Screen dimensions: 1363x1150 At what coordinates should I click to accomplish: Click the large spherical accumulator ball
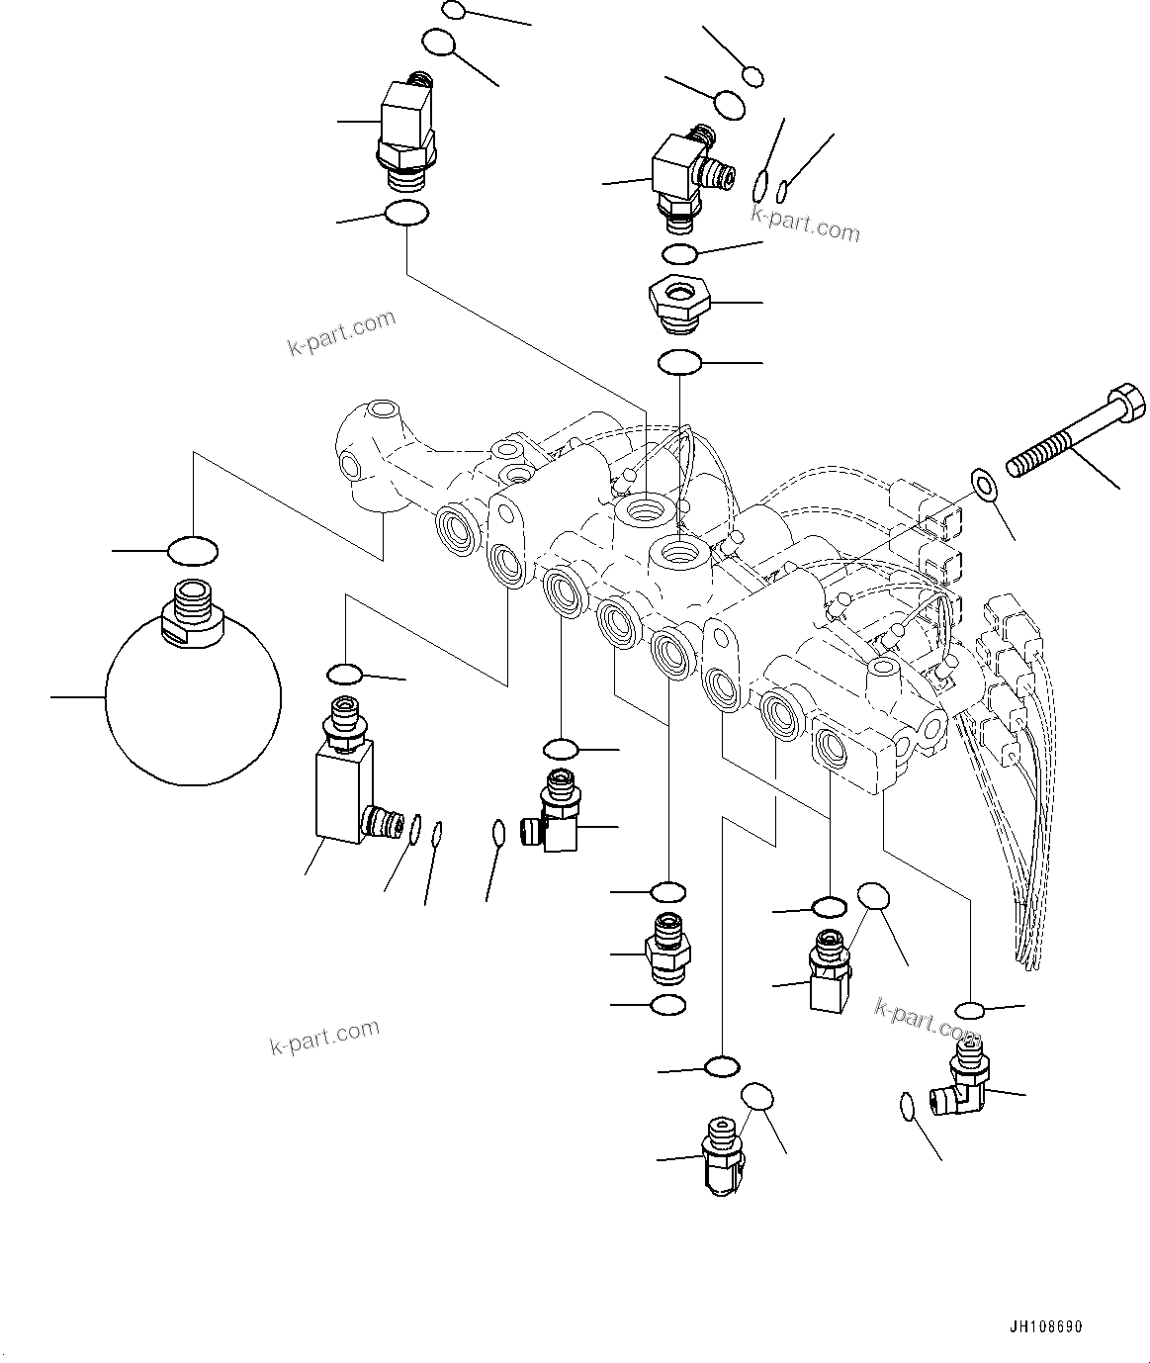(x=192, y=700)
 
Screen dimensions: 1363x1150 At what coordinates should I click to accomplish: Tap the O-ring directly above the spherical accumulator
(x=192, y=550)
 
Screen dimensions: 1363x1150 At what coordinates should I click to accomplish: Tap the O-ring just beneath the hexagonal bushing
(x=679, y=362)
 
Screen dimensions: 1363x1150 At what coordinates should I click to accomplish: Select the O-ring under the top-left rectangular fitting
(x=405, y=213)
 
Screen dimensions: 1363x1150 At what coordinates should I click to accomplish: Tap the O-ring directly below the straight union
(x=668, y=1005)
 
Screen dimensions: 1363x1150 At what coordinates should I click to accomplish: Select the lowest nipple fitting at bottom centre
(x=724, y=1155)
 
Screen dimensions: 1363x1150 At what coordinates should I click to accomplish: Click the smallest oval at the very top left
(x=453, y=11)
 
